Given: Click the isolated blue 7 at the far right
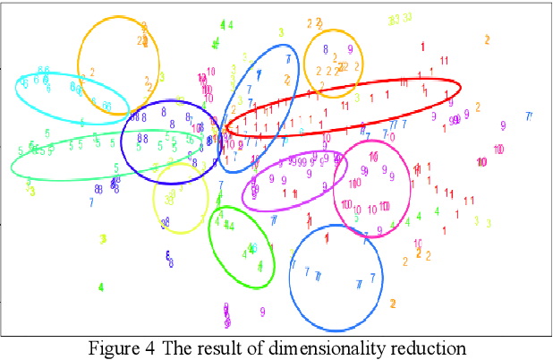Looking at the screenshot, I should [529, 116].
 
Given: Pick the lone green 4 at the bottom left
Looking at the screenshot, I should [101, 287].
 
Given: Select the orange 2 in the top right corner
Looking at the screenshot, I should [487, 39].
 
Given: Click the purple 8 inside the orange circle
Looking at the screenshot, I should [326, 50].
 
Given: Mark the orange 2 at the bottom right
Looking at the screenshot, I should [393, 304].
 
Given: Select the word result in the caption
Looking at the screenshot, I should [217, 348].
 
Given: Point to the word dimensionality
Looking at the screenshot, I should [324, 348].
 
